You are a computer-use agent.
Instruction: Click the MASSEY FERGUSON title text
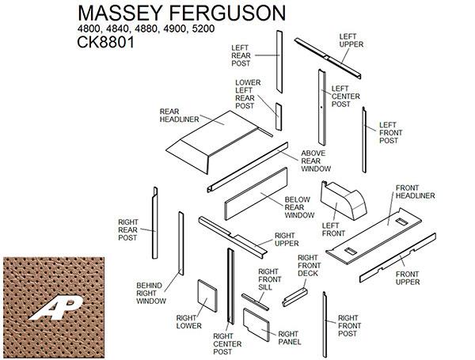coord(182,13)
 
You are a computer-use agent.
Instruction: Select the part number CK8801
coord(105,42)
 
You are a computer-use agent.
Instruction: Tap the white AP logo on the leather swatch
coord(56,308)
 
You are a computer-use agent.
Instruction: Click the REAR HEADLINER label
coord(179,116)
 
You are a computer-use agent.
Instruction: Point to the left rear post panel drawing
coord(279,62)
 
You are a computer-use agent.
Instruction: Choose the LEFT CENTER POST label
coord(345,97)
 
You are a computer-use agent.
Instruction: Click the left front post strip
coord(364,139)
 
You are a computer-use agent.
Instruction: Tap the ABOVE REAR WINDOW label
coord(316,161)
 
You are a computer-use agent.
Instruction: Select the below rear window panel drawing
coord(256,194)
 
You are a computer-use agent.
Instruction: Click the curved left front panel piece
coord(344,200)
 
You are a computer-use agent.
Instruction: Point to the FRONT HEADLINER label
coord(415,191)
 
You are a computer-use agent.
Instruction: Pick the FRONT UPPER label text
coord(408,278)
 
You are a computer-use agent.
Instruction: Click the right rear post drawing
coord(155,223)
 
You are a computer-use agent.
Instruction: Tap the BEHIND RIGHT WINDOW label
coord(151,293)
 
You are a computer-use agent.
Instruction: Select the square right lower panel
coord(207,295)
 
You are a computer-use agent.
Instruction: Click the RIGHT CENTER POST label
coord(227,344)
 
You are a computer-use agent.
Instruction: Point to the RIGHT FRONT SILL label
coord(270,279)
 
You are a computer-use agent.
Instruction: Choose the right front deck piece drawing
coord(295,297)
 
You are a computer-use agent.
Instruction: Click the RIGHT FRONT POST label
coord(350,326)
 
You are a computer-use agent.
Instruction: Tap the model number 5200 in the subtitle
coord(203,28)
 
